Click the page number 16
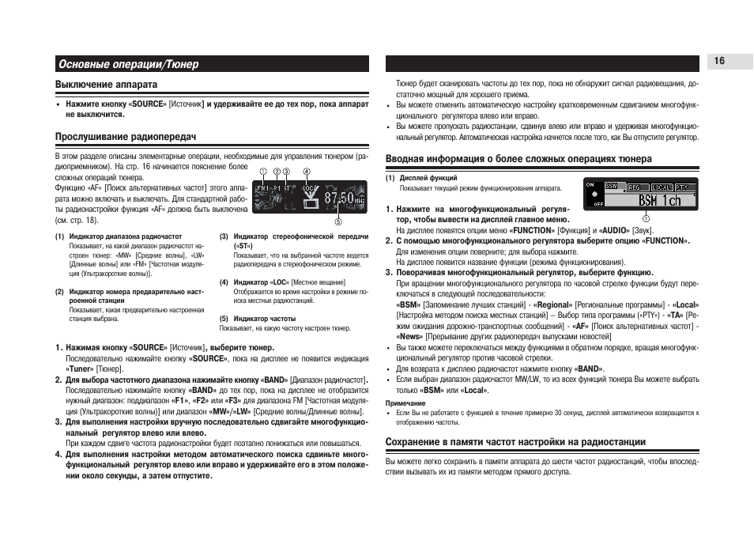[x=719, y=62]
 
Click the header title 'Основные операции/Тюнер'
[x=127, y=64]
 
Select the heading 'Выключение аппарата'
[x=106, y=84]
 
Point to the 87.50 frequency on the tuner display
[x=339, y=196]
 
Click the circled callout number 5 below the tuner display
[x=337, y=221]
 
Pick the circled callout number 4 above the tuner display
[x=306, y=172]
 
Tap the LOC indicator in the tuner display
[x=309, y=188]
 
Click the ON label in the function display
[x=590, y=184]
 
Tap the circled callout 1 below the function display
[x=645, y=218]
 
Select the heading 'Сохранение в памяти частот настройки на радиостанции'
[x=515, y=442]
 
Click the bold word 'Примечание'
[x=404, y=403]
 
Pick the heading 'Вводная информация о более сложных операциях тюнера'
[x=518, y=159]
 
